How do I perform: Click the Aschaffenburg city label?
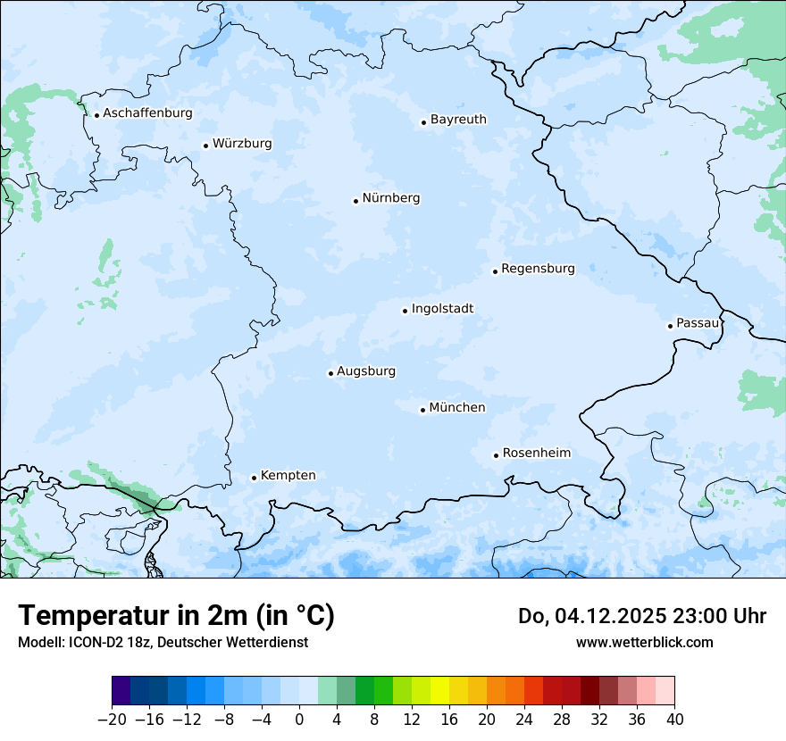(x=147, y=113)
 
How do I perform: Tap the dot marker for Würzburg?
(x=205, y=146)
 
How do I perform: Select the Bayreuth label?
(x=458, y=120)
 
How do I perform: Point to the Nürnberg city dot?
(x=355, y=201)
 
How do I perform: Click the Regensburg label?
(x=538, y=269)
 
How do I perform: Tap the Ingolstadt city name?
(x=442, y=309)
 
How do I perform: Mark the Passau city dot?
(x=670, y=326)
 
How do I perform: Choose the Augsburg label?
(x=366, y=371)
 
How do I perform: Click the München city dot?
(x=422, y=411)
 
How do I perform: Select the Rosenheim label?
(x=536, y=454)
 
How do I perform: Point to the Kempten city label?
(x=288, y=476)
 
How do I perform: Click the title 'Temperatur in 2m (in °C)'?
(x=176, y=616)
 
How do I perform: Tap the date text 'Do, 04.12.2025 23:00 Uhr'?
(x=641, y=616)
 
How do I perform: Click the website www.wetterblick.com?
(x=644, y=642)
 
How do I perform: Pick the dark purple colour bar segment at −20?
(x=121, y=691)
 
